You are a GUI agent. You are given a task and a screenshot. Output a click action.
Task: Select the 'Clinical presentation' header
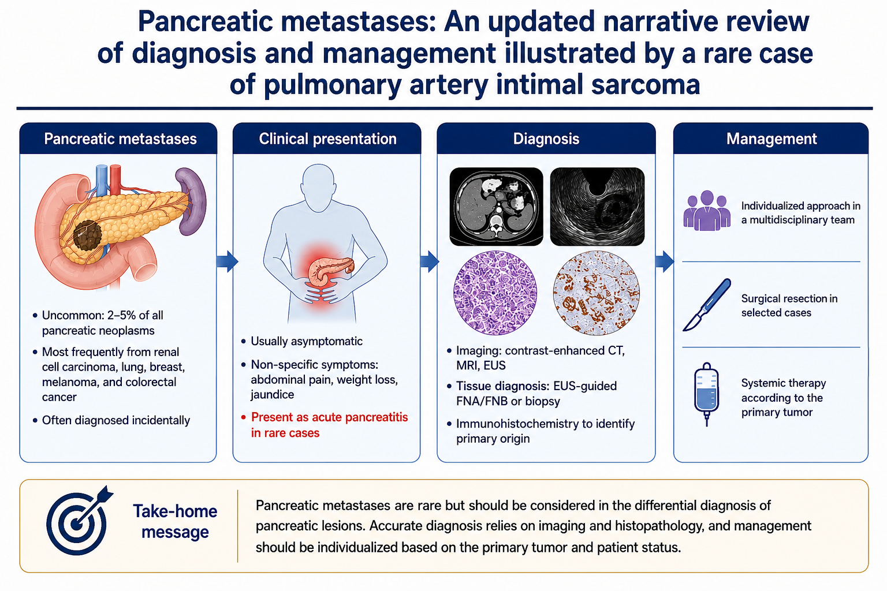[x=327, y=139]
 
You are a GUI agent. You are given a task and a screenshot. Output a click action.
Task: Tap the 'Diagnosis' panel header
[x=546, y=139]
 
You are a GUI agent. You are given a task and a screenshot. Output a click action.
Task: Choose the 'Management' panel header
[x=772, y=139]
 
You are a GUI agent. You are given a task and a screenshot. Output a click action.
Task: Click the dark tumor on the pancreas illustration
[x=88, y=235]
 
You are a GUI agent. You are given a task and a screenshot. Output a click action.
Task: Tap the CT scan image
[x=496, y=206]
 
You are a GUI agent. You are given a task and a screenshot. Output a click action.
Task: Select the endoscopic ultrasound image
[x=597, y=206]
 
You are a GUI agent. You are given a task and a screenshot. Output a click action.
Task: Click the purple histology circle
[x=495, y=293]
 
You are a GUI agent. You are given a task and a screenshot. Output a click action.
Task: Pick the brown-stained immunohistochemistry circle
[x=597, y=293]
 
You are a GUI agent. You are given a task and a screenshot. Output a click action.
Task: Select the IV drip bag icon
[x=706, y=394]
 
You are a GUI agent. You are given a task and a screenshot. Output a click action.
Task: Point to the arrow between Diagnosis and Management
[x=665, y=261]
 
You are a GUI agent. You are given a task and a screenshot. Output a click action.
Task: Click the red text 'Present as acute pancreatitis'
[x=330, y=417]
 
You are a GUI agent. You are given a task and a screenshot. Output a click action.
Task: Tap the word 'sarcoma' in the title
[x=646, y=84]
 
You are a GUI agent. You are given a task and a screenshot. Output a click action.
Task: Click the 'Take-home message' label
[x=175, y=521]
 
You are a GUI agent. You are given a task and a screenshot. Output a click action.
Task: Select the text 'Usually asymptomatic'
[x=307, y=341]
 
